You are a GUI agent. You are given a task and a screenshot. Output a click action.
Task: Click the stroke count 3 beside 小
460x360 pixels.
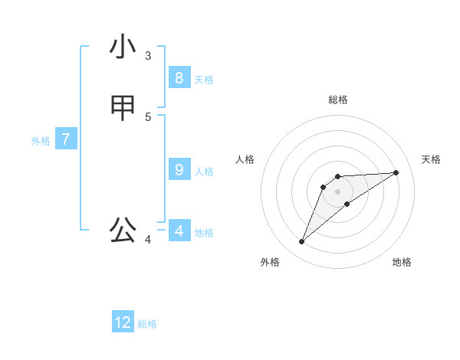[x=148, y=56]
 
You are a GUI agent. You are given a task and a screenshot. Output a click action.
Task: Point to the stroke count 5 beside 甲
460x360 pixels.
[x=148, y=116]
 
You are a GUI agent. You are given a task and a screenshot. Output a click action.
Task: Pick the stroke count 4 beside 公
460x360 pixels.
[x=148, y=240]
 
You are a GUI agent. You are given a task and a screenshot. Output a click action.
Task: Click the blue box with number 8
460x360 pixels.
[x=179, y=77]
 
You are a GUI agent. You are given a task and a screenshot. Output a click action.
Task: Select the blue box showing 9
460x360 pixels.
[x=179, y=169]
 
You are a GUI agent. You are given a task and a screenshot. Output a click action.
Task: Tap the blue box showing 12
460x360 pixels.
[x=123, y=322]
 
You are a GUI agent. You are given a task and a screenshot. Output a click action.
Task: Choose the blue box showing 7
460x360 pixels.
[x=66, y=139]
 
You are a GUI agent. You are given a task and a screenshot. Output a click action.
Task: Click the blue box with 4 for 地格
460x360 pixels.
[x=179, y=231]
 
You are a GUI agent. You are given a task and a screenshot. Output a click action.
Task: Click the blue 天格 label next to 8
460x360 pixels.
[x=204, y=80]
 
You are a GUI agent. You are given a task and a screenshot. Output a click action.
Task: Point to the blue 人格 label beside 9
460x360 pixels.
[x=204, y=172]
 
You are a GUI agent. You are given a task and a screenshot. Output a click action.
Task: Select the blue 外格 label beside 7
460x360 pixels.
[x=41, y=141]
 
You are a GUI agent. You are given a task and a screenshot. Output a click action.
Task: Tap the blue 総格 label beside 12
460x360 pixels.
[x=147, y=325]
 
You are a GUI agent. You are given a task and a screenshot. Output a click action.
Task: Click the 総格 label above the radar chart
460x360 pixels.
[x=338, y=100]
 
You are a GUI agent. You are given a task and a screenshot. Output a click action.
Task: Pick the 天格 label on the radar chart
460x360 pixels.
[x=431, y=159]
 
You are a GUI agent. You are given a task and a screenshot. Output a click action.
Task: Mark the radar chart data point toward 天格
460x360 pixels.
[x=396, y=172]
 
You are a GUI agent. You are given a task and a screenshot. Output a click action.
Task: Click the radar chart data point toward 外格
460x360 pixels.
[x=302, y=242]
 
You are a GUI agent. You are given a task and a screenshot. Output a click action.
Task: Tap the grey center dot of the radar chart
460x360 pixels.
[x=338, y=191]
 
